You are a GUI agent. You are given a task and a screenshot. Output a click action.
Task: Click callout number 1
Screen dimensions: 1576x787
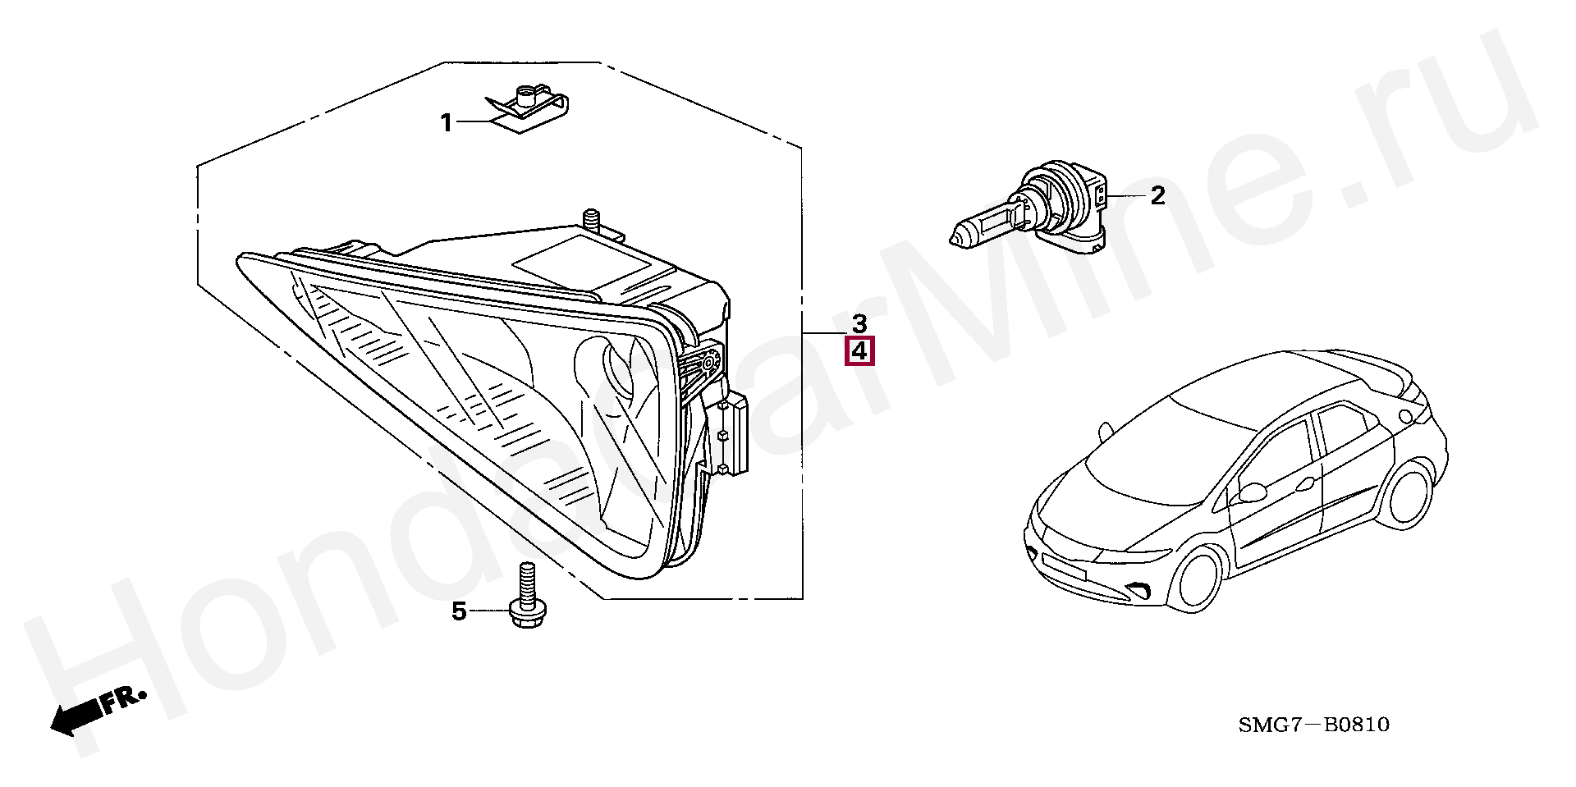point(447,124)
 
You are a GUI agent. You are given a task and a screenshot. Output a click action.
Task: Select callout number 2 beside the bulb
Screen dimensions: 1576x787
point(1157,196)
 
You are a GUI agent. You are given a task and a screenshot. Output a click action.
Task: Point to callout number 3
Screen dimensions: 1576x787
point(859,323)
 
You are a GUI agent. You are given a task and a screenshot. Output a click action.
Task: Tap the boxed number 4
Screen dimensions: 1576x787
point(859,352)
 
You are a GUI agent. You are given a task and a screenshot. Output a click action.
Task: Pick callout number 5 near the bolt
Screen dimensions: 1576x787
point(459,611)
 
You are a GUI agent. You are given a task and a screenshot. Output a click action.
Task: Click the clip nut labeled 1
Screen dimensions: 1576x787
point(527,106)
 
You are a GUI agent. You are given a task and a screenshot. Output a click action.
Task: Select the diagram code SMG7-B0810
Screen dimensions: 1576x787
point(1313,725)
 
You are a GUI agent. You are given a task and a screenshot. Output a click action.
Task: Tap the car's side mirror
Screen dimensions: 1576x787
point(1252,492)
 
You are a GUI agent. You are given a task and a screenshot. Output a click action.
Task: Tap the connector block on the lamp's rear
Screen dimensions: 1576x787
point(736,434)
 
